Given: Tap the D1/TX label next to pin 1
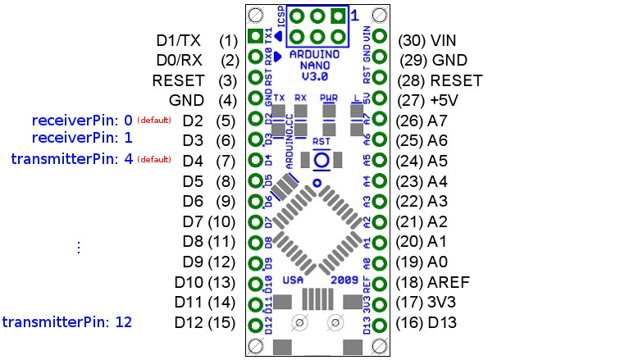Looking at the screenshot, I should (x=178, y=39).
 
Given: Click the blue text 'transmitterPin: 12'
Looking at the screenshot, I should (x=67, y=322).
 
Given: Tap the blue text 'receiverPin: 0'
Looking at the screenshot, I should (x=81, y=120).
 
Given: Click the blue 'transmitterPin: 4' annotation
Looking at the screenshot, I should (x=72, y=158).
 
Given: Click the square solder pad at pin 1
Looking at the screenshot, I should (x=255, y=36).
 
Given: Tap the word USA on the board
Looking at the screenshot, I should (x=293, y=280).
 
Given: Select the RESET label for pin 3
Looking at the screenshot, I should (x=183, y=80).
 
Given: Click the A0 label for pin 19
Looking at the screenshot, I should (x=440, y=262).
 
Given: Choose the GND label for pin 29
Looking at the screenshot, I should (x=449, y=60).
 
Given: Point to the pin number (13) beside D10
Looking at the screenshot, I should (x=222, y=282).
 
